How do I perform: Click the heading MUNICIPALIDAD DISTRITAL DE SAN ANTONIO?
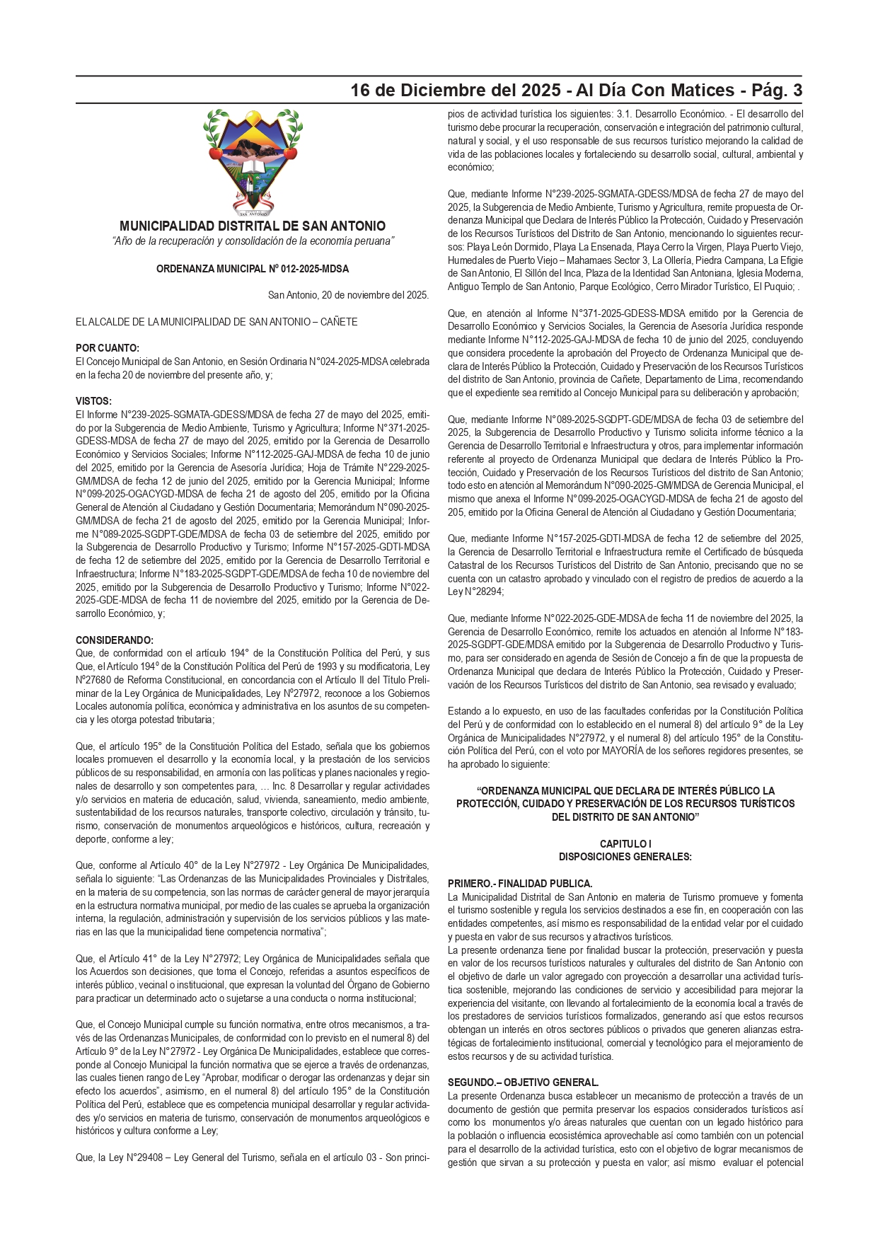coord(253,226)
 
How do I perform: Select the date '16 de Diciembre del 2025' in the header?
coord(456,91)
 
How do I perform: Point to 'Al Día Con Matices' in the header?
coord(655,91)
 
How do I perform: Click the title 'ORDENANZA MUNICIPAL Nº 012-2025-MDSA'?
coord(253,269)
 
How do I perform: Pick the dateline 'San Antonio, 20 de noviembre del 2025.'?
coord(348,295)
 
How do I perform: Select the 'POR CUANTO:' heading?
coord(108,348)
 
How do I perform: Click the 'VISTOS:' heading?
coord(93,401)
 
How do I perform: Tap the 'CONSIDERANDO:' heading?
coord(115,640)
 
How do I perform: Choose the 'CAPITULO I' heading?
coord(625,843)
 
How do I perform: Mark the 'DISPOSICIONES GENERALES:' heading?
coord(625,857)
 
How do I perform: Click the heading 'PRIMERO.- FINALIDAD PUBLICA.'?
coord(520,884)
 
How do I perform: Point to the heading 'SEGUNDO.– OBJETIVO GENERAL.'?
coord(523,1083)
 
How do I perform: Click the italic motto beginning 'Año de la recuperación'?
coord(253,241)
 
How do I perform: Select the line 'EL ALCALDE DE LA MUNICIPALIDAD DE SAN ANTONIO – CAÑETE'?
coord(216,322)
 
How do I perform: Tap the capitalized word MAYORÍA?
coord(623,751)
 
